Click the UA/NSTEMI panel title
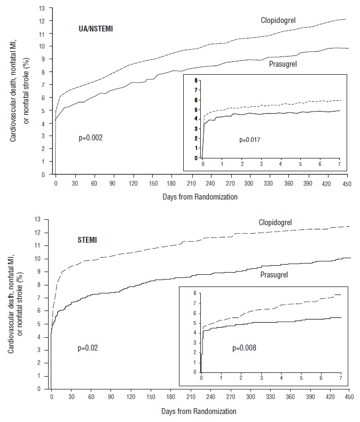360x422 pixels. (x=95, y=29)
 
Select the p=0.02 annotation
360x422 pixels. (x=87, y=348)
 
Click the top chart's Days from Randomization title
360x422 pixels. (x=200, y=197)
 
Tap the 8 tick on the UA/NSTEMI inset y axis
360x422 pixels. (x=197, y=80)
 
